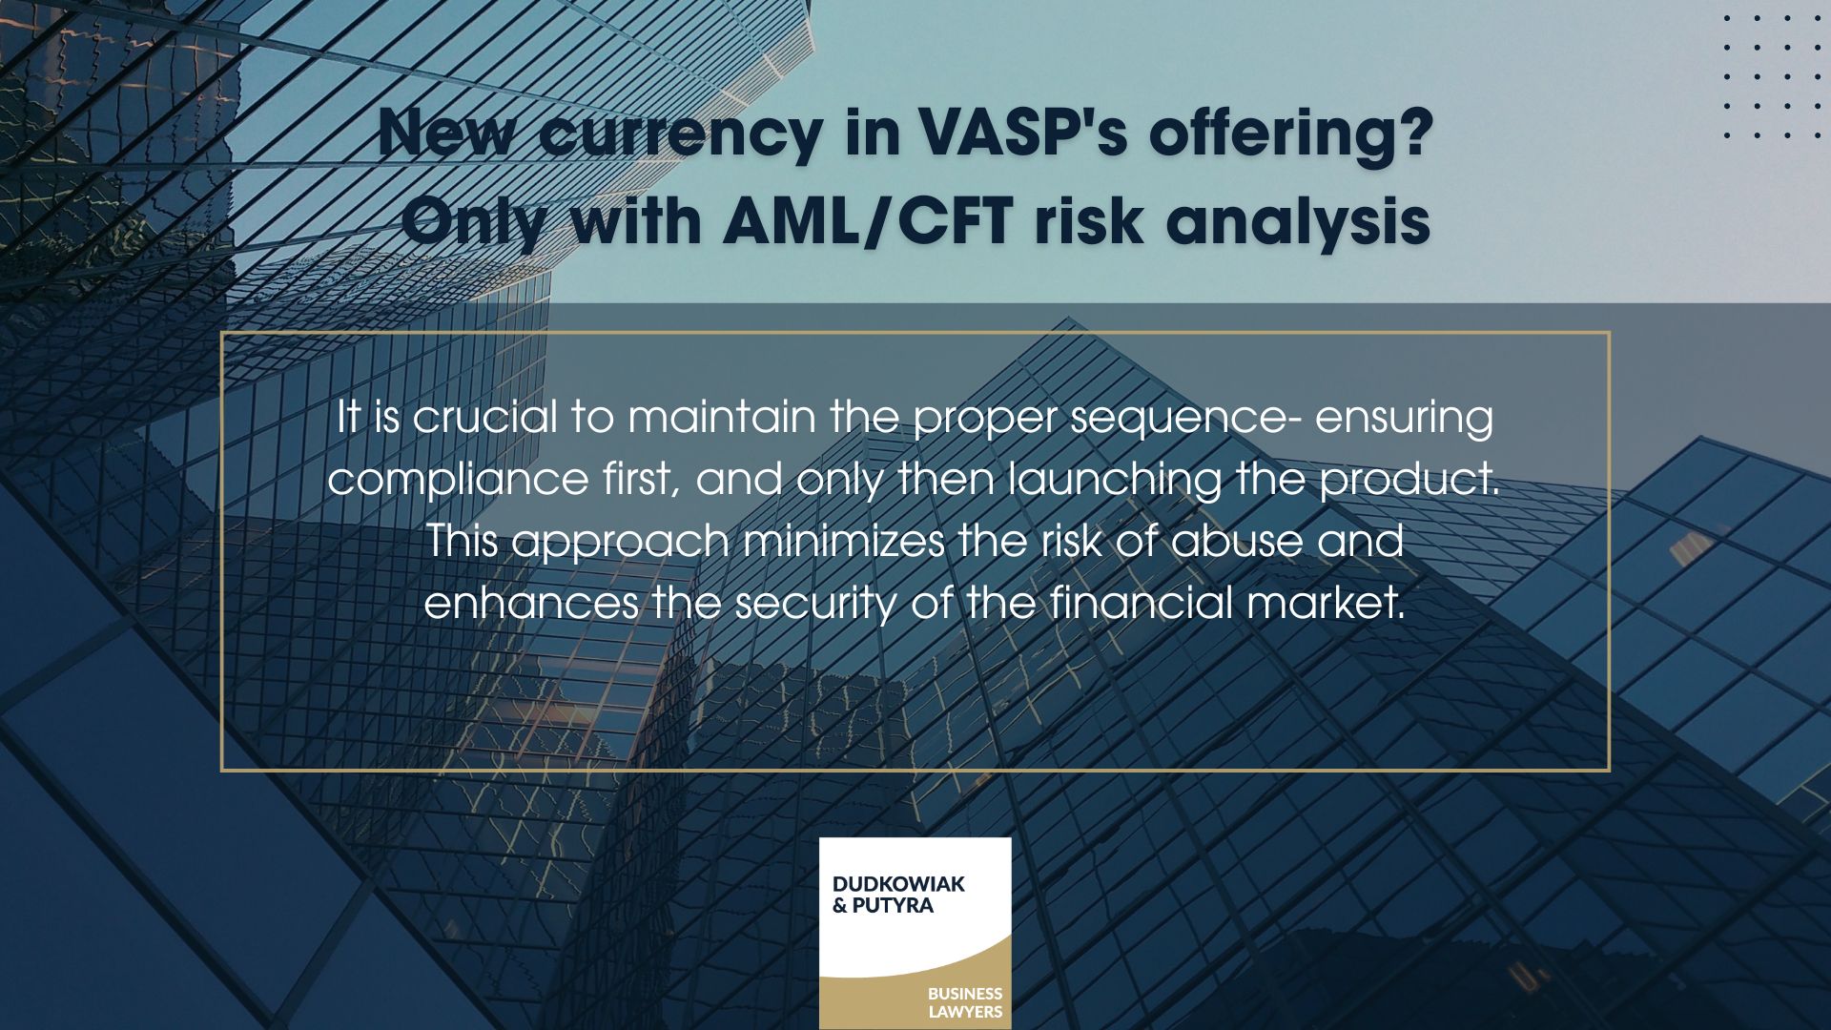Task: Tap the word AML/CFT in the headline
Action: (867, 221)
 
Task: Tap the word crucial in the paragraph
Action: (484, 417)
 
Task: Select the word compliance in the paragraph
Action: (458, 479)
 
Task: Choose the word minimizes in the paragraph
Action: (843, 541)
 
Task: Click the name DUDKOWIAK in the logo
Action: (897, 884)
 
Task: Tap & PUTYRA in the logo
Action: (882, 905)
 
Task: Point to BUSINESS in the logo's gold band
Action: (964, 993)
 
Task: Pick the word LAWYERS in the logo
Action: (965, 1011)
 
